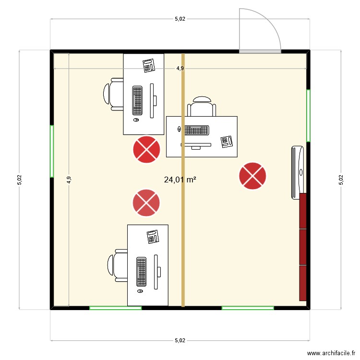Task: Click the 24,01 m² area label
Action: (180, 180)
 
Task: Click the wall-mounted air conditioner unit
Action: (297, 172)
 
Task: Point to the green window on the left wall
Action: (52, 151)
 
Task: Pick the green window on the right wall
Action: (308, 115)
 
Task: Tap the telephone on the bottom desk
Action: (153, 236)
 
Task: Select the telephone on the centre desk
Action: (226, 141)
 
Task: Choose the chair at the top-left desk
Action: (114, 94)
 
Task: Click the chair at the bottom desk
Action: (117, 265)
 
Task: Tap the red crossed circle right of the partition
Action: (252, 176)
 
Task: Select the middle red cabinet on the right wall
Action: (303, 247)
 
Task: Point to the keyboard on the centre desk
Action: (196, 130)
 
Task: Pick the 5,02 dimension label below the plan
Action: (180, 340)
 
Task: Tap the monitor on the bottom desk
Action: (156, 272)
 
